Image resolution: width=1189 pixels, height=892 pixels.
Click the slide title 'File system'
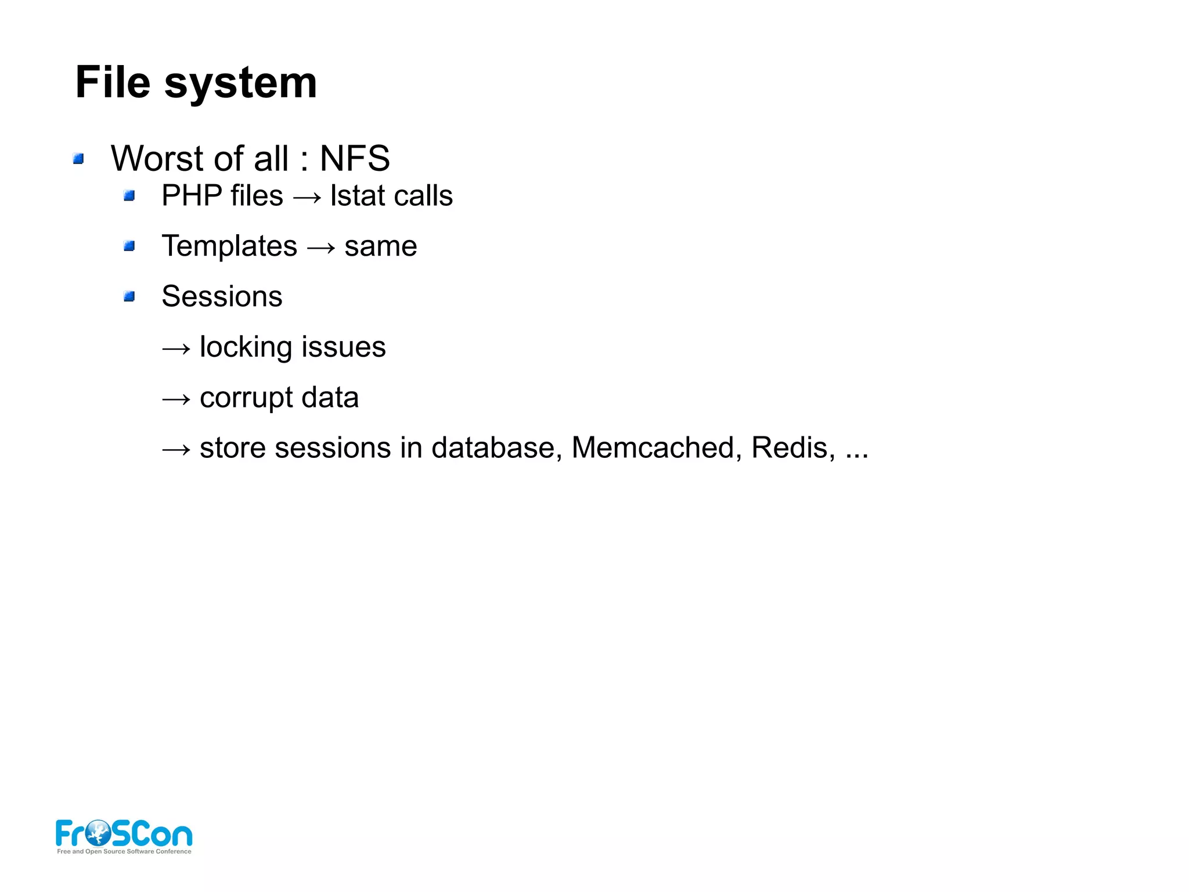196,83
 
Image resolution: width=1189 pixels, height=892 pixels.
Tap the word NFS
355,158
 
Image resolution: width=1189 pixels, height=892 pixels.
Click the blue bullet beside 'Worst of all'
78,159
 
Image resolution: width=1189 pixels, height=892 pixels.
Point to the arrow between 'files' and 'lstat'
307,198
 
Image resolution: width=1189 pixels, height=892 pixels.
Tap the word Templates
229,246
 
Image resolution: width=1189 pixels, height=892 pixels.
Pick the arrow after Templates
320,248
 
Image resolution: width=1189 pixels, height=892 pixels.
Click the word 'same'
380,247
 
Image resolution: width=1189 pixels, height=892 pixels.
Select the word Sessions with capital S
222,296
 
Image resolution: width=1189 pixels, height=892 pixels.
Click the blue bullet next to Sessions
129,297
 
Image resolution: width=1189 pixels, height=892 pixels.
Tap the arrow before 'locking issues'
176,349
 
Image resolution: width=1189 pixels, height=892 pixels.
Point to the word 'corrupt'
246,399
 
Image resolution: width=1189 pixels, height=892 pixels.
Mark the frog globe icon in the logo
98,833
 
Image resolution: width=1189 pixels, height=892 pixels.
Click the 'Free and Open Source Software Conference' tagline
124,851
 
